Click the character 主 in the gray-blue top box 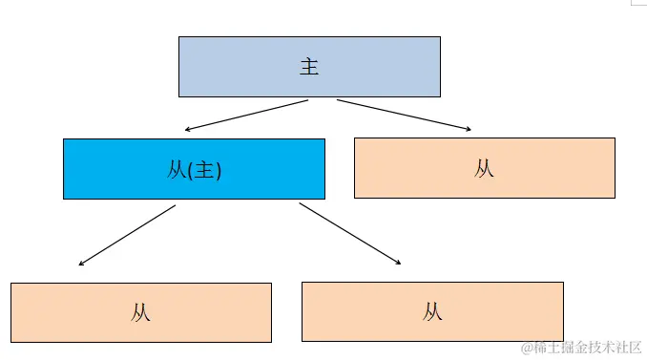click(309, 67)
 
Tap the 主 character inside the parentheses click(205, 170)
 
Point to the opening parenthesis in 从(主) click(191, 170)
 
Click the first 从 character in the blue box click(177, 170)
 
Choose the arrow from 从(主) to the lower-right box click(348, 234)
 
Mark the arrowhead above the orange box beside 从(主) click(469, 129)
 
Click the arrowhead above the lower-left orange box click(82, 263)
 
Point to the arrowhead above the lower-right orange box click(397, 262)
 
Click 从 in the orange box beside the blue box click(484, 169)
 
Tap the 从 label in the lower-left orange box click(141, 312)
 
